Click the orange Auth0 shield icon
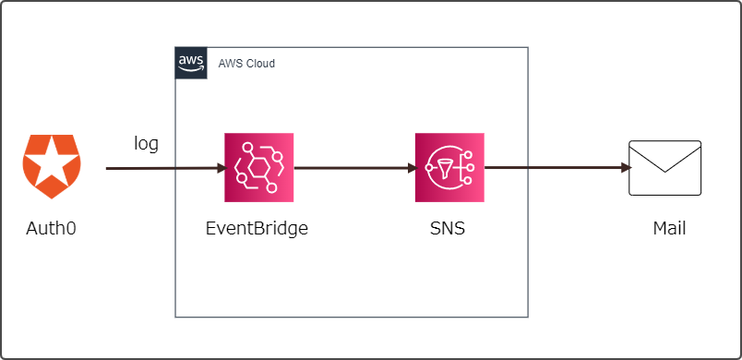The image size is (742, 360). pos(52,166)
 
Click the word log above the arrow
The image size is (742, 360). pos(147,143)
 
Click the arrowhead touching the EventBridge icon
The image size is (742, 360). pos(220,169)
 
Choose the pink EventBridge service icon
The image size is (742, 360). pos(258,167)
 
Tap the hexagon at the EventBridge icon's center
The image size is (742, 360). pos(258,168)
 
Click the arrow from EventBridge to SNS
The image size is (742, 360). pos(351,169)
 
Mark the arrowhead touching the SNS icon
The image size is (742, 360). pos(410,169)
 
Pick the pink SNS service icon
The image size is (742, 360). pos(449,167)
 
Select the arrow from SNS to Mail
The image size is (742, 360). pos(554,169)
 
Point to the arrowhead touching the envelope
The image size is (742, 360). pos(625,169)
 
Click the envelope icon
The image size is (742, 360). pos(664,168)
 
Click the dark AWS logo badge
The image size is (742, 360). pos(191,63)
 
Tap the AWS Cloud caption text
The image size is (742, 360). pos(246,64)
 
